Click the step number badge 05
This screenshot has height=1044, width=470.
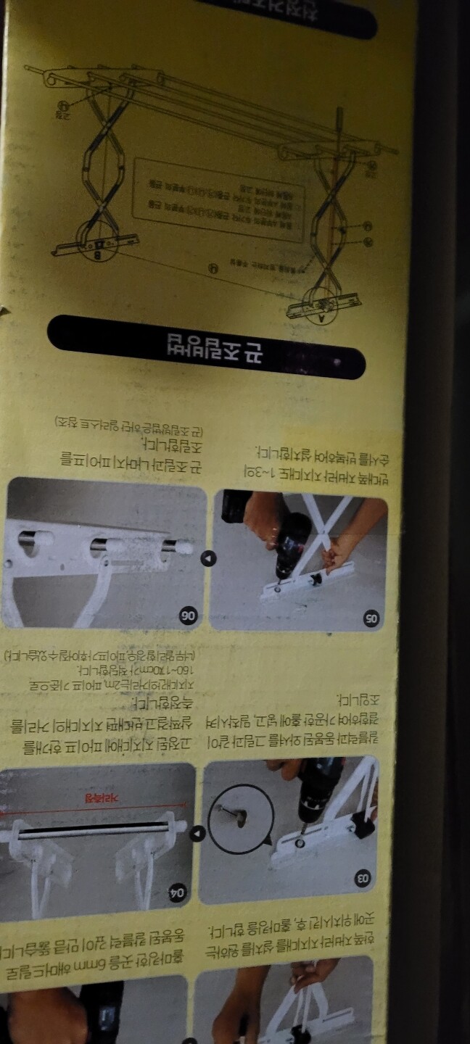coord(371,618)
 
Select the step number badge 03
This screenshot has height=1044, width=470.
coord(362,879)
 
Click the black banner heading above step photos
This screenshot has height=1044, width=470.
coord(206,347)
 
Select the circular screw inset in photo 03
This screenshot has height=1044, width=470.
coord(241,819)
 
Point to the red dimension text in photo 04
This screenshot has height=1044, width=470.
coord(94,797)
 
